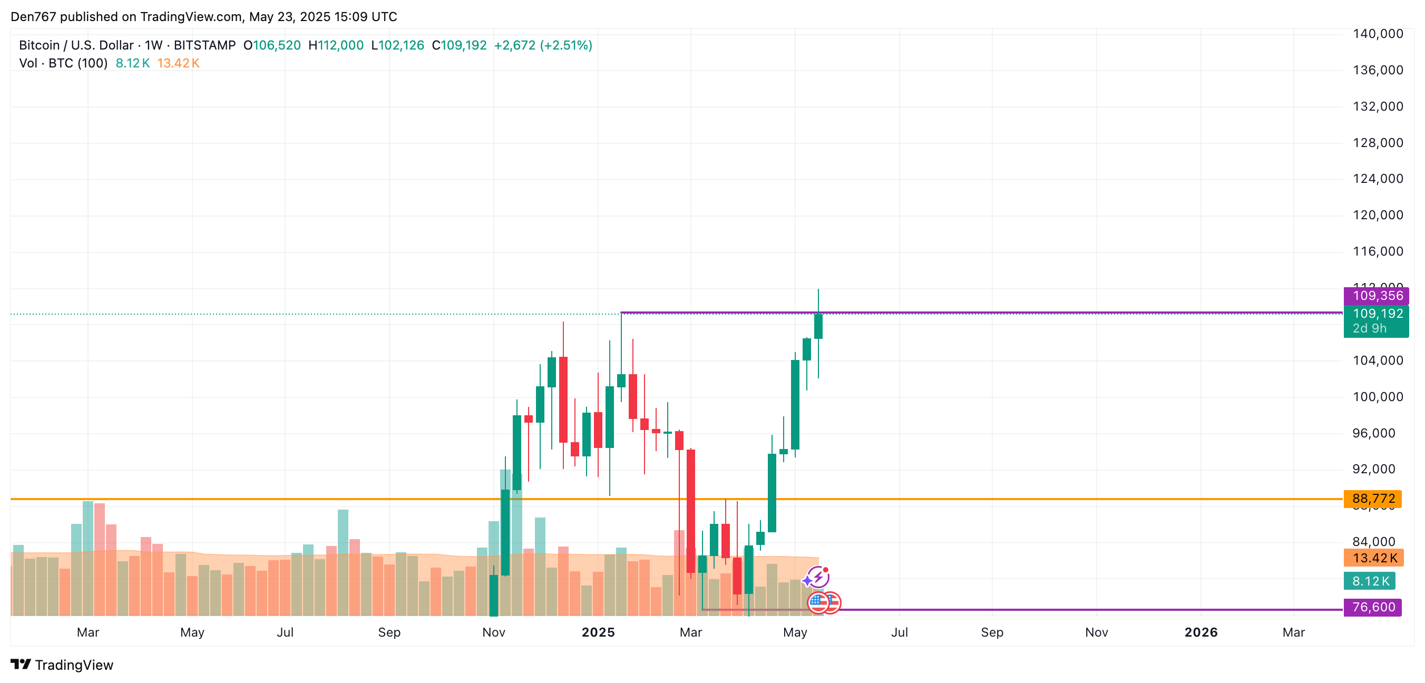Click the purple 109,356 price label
1376,296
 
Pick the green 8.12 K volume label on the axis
1370,581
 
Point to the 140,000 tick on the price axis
1378,34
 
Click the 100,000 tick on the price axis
1378,397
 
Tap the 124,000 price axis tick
1378,179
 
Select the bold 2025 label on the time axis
598,632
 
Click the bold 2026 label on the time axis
1200,632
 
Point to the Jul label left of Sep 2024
285,632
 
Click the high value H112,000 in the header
336,45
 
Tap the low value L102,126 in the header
397,45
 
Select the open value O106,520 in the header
272,45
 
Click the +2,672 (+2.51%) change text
543,45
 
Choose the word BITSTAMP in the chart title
204,45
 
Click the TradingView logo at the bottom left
62,665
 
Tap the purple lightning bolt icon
817,578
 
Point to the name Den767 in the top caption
33,16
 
